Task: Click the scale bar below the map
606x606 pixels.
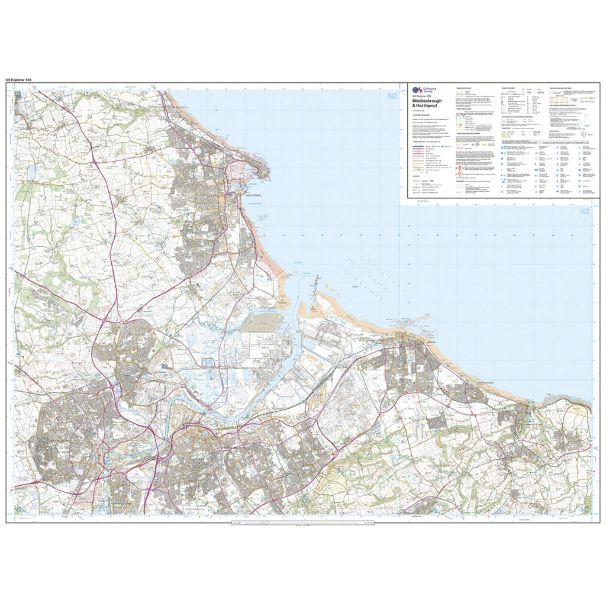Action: click(302, 523)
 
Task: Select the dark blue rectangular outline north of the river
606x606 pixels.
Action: click(207, 362)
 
